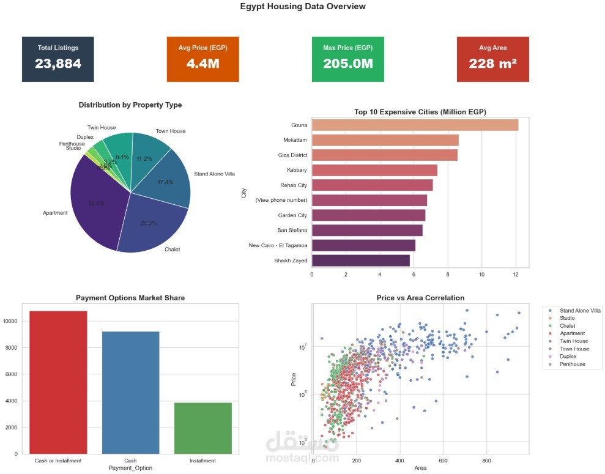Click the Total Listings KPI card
pyautogui.click(x=58, y=59)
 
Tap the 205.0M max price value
pyautogui.click(x=347, y=64)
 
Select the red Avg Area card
pyautogui.click(x=492, y=59)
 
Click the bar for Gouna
pyautogui.click(x=415, y=125)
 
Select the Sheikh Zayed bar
pyautogui.click(x=360, y=261)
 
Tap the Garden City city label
pyautogui.click(x=293, y=215)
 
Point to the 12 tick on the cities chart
pyautogui.click(x=516, y=275)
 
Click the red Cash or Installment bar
pyautogui.click(x=58, y=382)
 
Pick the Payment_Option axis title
pyautogui.click(x=130, y=468)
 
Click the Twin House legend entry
pyautogui.click(x=574, y=341)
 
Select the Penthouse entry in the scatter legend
pyautogui.click(x=572, y=364)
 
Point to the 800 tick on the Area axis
pyautogui.click(x=486, y=460)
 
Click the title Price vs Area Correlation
pyautogui.click(x=420, y=298)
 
